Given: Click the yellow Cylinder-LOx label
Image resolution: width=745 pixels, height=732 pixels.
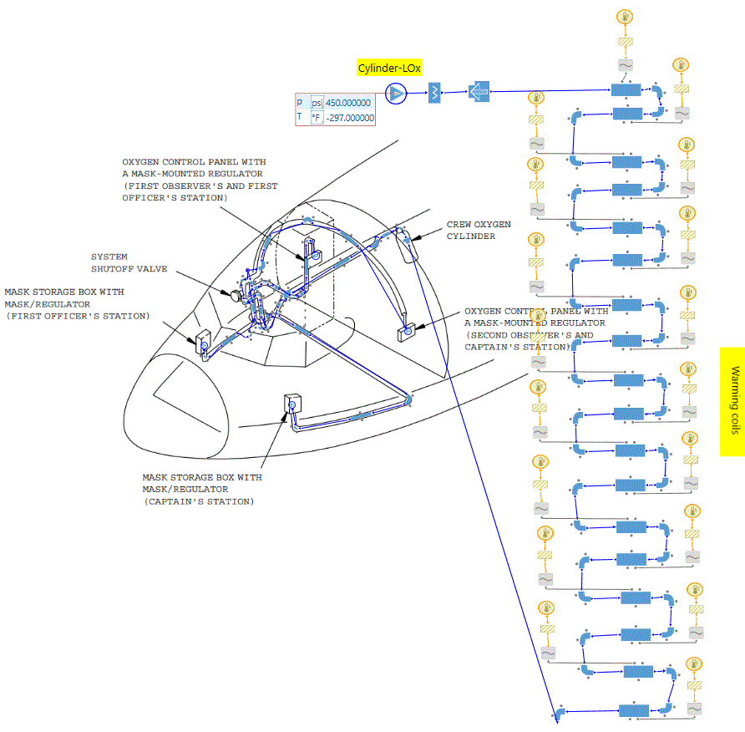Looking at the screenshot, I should coord(390,68).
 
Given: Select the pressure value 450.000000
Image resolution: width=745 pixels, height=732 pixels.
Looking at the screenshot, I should coord(349,102).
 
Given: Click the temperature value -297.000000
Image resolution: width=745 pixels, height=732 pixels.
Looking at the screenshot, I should coord(349,118).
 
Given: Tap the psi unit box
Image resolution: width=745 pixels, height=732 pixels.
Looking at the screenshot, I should coord(317,102).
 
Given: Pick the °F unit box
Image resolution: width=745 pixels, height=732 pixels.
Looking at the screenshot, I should coord(317,118).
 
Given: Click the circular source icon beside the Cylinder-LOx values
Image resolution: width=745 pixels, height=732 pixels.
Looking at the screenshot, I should coord(396,92).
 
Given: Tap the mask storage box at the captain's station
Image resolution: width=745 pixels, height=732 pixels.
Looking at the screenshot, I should coord(292,404).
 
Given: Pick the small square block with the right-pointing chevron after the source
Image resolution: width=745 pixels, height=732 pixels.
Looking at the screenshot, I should coord(434,92).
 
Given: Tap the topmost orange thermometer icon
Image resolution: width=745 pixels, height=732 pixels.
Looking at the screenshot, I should coord(625,18).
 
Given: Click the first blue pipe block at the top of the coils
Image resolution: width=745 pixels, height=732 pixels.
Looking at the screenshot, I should coord(625,90).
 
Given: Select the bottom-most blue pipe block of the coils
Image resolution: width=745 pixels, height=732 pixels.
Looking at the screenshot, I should coord(632,710).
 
